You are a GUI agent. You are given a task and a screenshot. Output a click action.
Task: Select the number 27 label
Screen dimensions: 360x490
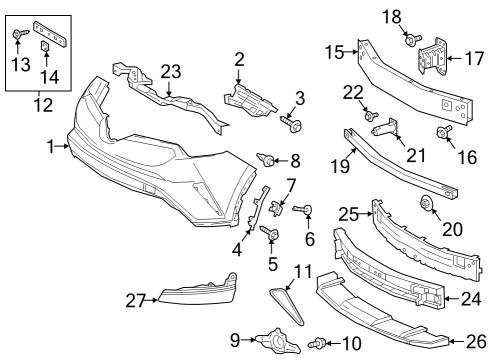(134, 297)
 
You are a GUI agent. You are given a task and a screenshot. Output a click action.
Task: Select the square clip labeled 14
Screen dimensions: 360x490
(46, 46)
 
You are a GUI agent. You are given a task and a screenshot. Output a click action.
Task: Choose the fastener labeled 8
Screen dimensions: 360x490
(268, 158)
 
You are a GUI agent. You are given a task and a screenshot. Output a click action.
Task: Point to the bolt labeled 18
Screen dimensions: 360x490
(411, 39)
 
